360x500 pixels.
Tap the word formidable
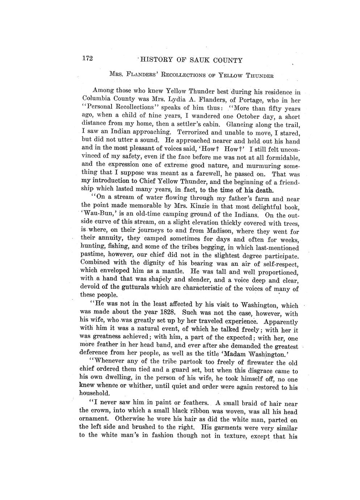click(x=280, y=158)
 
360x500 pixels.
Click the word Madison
click(x=219, y=232)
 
